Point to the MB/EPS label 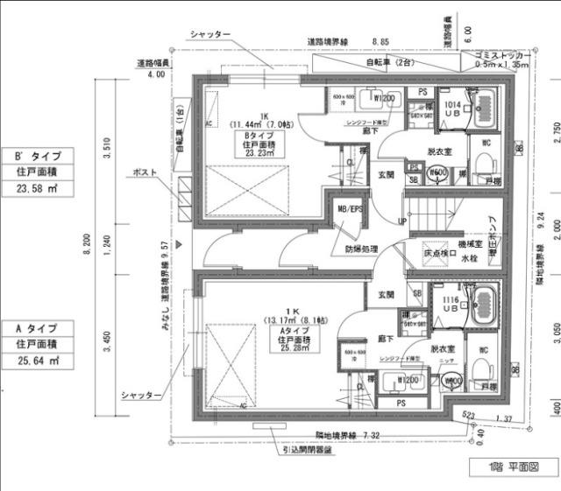pyautogui.click(x=349, y=210)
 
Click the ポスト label pyautogui.click(x=146, y=172)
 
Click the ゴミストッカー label pyautogui.click(x=496, y=54)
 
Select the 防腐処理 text pyautogui.click(x=361, y=249)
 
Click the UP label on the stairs pyautogui.click(x=402, y=221)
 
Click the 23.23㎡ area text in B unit pyautogui.click(x=259, y=152)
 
